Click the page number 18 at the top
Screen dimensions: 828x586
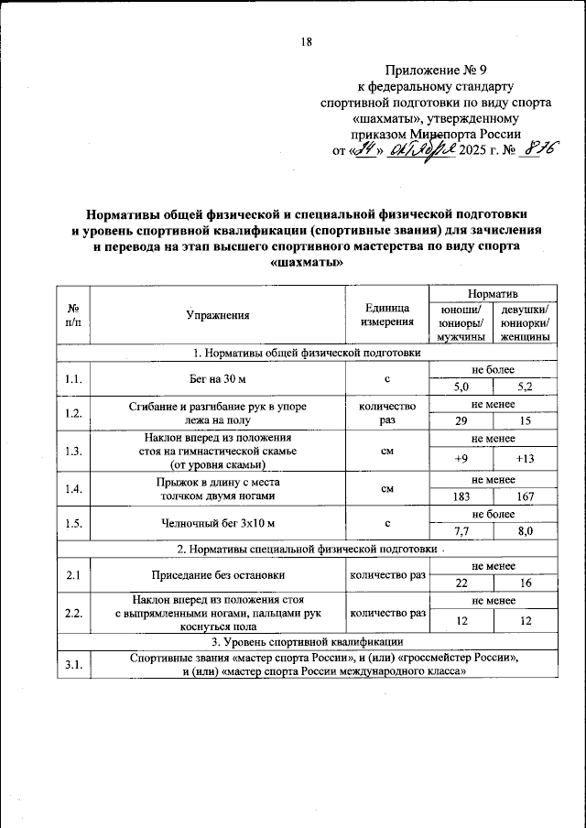point(306,41)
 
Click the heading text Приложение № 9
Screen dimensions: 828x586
point(436,70)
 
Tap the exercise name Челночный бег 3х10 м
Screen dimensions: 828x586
point(217,523)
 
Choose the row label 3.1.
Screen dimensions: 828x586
point(73,665)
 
